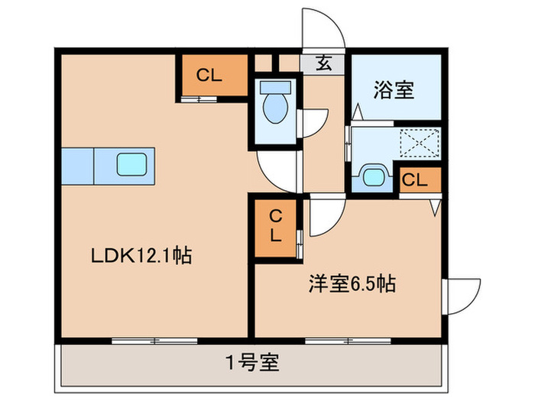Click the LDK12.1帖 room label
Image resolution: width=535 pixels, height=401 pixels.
click(x=141, y=255)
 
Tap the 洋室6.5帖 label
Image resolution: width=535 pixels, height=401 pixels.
click(x=352, y=283)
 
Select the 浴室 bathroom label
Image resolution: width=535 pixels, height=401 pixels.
click(x=394, y=89)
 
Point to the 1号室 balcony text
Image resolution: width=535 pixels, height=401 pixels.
click(x=252, y=362)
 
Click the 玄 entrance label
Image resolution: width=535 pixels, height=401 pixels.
click(x=323, y=63)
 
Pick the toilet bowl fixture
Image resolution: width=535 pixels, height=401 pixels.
click(x=275, y=102)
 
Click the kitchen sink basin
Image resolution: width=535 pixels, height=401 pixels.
click(x=132, y=164)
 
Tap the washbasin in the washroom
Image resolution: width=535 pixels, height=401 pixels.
click(x=373, y=176)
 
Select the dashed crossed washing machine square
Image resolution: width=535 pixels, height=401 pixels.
click(x=420, y=143)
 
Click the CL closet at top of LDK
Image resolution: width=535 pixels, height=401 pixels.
click(x=215, y=75)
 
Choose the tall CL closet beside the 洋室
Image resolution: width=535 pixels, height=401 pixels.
click(x=275, y=228)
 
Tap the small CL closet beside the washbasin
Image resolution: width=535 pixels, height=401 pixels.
click(x=420, y=179)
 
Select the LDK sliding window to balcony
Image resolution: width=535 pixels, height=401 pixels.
click(x=154, y=341)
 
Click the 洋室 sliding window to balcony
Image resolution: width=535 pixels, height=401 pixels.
click(x=348, y=341)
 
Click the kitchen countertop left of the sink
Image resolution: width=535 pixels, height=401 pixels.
click(x=77, y=166)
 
